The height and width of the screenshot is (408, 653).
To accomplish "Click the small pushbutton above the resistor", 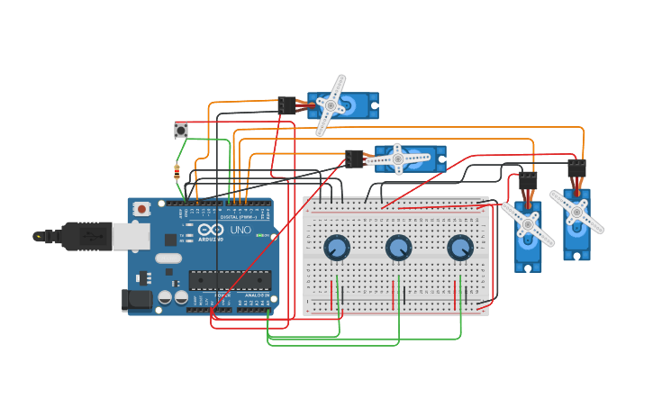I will click(181, 131).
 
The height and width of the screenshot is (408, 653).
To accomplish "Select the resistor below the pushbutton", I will click(177, 172).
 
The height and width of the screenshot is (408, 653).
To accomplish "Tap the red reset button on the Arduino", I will click(141, 209).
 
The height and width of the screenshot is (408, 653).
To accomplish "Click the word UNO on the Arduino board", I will click(240, 230).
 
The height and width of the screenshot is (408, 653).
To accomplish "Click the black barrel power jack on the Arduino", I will click(135, 299).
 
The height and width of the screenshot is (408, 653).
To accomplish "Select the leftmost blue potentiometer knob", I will click(336, 247).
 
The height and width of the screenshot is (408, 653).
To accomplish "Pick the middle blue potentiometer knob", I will click(398, 247).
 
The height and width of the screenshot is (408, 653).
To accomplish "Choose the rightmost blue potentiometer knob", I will click(459, 247).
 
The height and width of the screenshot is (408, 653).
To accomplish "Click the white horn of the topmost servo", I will click(331, 105).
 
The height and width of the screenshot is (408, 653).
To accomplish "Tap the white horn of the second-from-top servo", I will click(397, 159).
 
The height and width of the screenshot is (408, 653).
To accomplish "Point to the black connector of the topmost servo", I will click(286, 105).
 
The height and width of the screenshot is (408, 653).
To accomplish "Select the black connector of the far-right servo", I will click(576, 168).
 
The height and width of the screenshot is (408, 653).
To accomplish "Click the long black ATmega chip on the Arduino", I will click(230, 279).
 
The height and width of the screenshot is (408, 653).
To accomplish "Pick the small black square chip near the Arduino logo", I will click(170, 240).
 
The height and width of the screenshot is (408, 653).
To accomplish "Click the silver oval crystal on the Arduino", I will click(168, 258).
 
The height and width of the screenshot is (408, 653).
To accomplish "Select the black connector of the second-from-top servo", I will click(354, 159).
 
